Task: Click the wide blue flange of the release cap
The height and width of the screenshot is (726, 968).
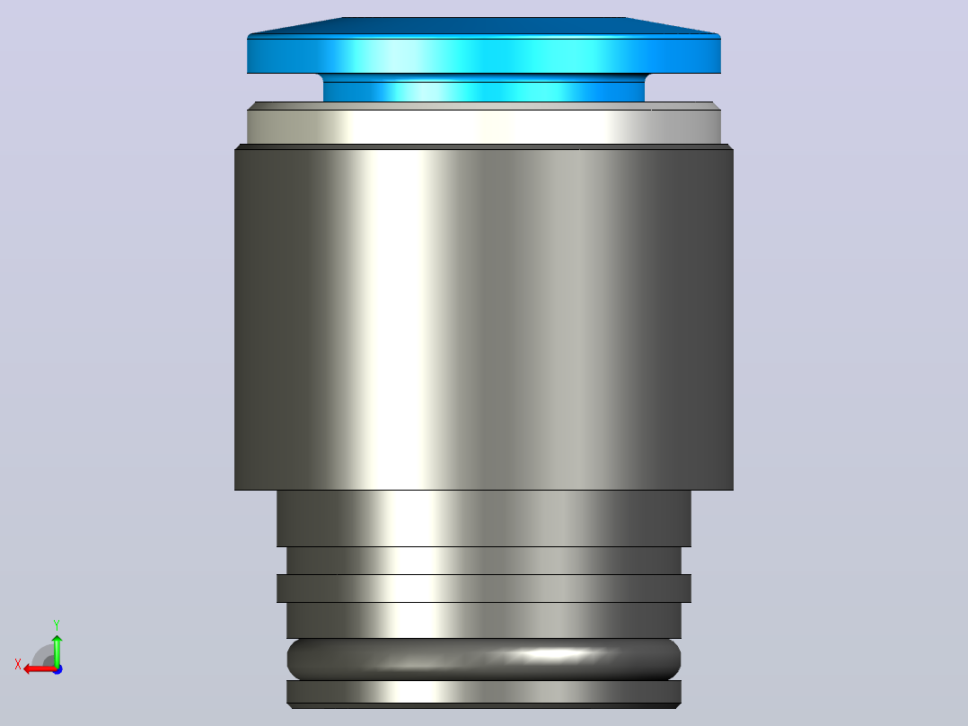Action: (x=484, y=56)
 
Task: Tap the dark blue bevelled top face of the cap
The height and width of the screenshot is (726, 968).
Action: (x=484, y=26)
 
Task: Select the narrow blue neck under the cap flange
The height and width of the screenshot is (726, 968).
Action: (x=484, y=88)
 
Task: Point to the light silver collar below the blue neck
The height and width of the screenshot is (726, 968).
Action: (x=484, y=127)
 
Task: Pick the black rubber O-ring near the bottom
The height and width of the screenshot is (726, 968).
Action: (x=484, y=660)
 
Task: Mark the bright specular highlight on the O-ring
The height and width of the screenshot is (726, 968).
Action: (x=546, y=654)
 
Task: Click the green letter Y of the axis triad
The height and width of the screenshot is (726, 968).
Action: (x=57, y=624)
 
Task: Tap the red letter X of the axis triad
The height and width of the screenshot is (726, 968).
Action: (x=18, y=664)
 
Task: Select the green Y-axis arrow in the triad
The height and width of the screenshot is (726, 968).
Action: (x=57, y=651)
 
